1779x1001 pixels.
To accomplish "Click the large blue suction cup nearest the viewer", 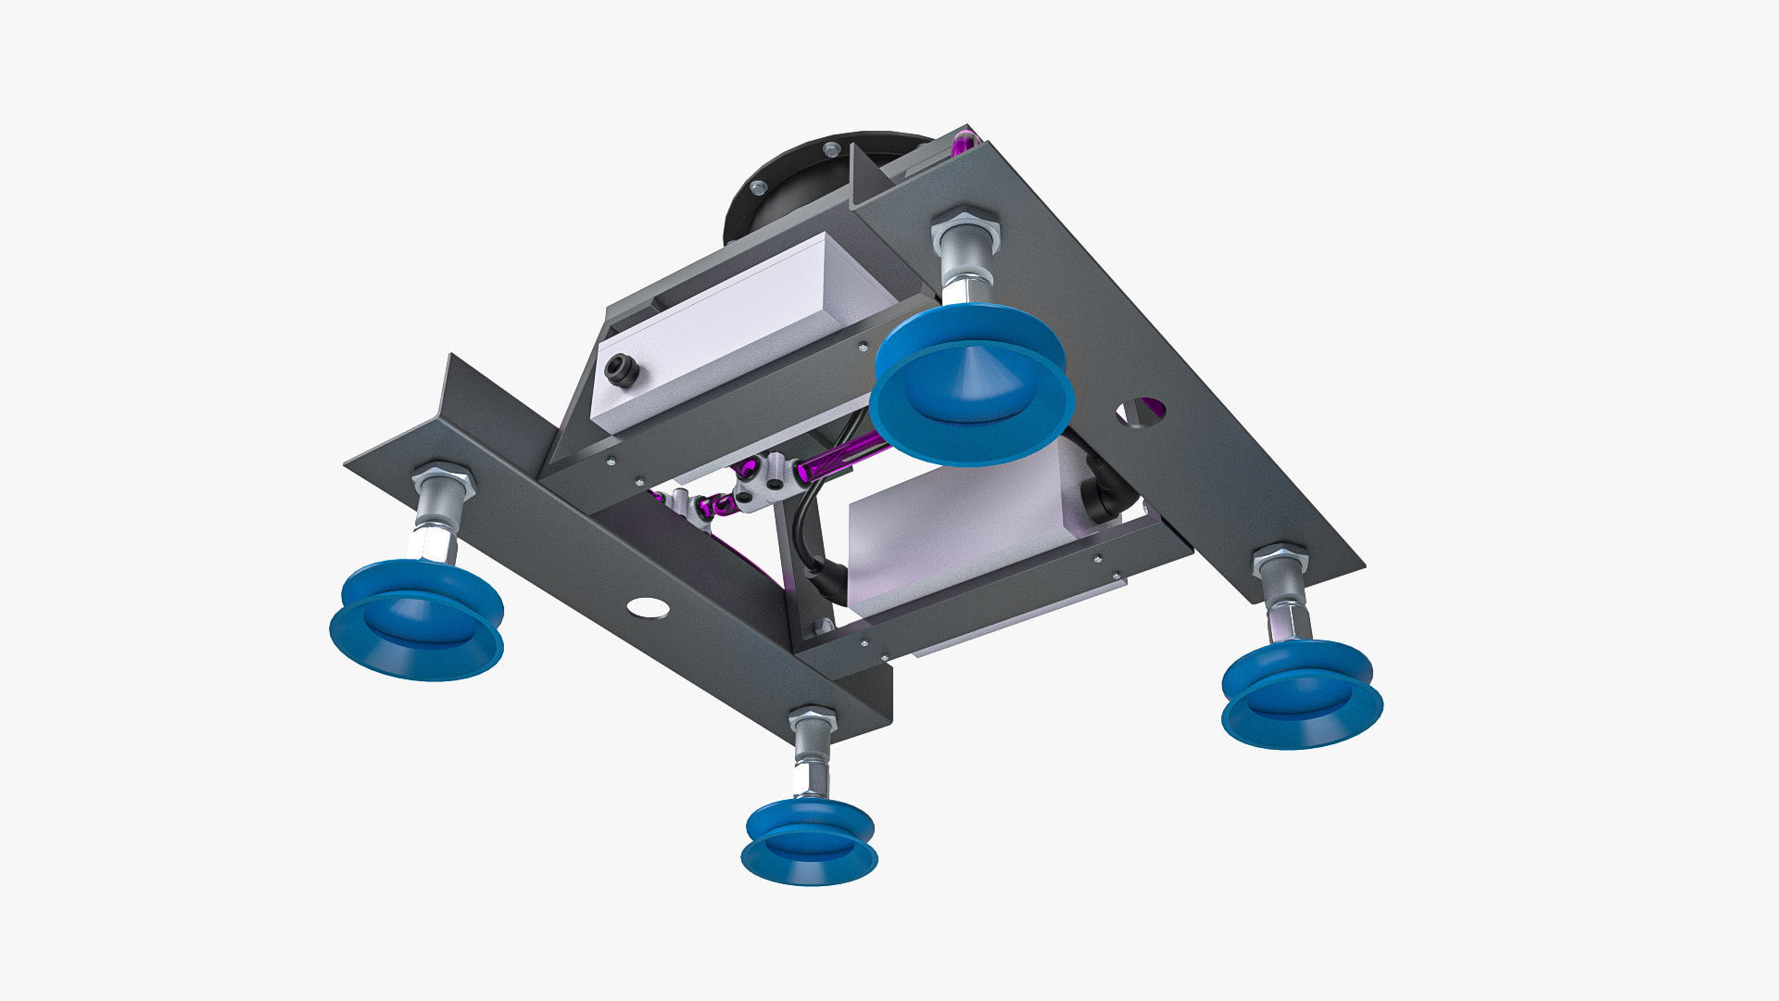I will coord(971,389).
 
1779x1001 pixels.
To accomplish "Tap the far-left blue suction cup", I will coord(417,621).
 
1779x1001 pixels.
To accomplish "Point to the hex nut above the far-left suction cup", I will coord(443,480).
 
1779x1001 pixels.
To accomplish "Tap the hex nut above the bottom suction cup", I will coord(813,719).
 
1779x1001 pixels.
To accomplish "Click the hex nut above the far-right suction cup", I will coord(1281,560).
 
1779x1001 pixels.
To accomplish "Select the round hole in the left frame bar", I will coord(647,608).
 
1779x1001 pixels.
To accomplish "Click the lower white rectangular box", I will coord(954,538).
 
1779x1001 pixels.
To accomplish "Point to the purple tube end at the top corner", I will coord(964,143).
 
